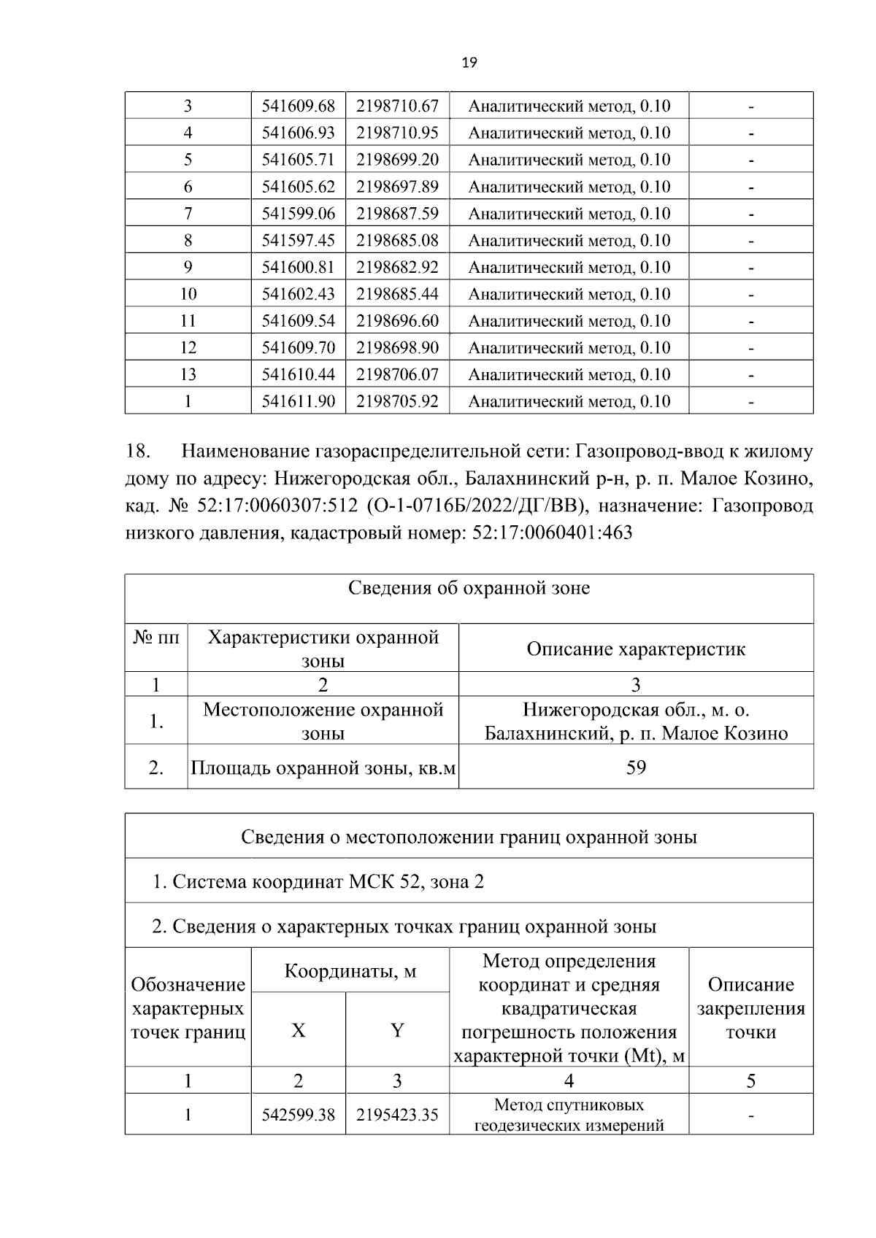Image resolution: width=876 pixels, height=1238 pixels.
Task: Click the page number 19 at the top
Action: click(469, 63)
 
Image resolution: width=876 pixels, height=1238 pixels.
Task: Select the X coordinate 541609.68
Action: click(298, 106)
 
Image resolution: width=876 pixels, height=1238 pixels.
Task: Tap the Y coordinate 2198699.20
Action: click(397, 160)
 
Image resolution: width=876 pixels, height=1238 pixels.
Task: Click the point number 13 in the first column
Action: click(188, 375)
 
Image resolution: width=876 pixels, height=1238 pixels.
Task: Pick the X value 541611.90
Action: click(298, 401)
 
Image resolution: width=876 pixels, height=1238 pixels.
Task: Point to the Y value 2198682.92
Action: click(397, 267)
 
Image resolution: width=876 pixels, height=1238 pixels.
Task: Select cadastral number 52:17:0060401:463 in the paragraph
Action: click(553, 533)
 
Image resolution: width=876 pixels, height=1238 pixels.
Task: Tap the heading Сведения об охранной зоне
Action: click(469, 588)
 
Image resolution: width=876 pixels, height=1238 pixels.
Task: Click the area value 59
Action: click(636, 767)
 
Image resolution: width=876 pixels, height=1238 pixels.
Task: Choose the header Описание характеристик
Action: click(636, 649)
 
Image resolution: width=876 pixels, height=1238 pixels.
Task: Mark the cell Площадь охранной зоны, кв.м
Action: click(323, 767)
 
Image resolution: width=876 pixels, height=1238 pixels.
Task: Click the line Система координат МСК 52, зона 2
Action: click(318, 882)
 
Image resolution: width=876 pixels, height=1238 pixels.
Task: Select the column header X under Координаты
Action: click(298, 1031)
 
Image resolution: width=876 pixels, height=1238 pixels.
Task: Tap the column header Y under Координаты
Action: click(397, 1031)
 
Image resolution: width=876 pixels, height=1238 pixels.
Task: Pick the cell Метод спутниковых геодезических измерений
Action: click(569, 1115)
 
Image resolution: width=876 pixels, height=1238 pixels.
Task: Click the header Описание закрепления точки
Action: click(750, 1008)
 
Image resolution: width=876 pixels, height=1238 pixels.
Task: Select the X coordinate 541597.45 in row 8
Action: click(298, 241)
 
